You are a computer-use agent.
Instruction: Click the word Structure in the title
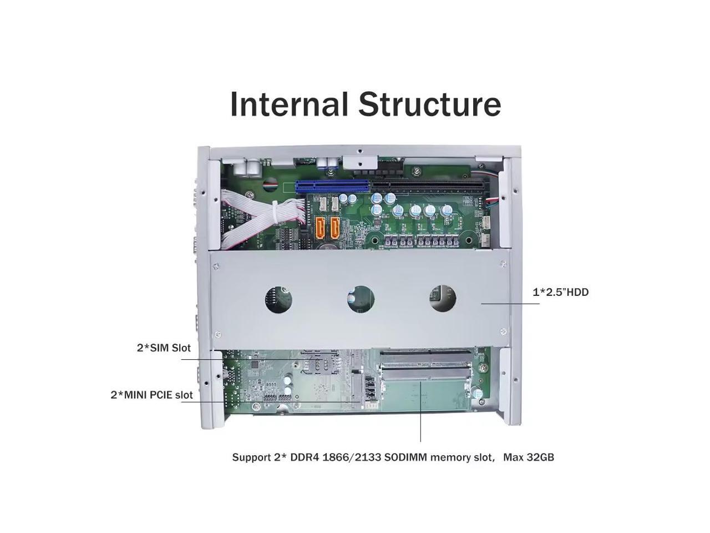[429, 104]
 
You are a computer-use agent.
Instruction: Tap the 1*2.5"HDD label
[560, 292]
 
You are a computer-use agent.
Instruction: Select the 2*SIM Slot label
[164, 348]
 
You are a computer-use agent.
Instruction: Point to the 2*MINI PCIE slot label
[151, 395]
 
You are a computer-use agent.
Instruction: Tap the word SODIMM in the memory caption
[405, 457]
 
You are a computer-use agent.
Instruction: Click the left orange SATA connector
[321, 227]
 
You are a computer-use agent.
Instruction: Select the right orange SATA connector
[335, 227]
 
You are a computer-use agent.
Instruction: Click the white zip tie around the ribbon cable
[276, 212]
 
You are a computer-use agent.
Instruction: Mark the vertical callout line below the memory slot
[420, 411]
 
